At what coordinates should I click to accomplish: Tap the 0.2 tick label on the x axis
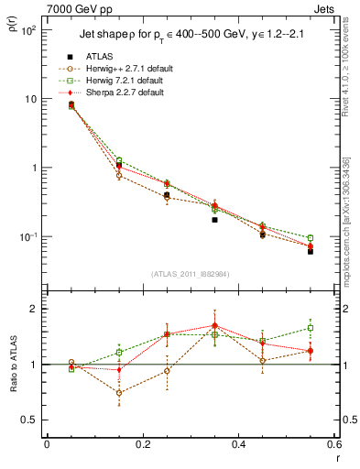coord(141,444)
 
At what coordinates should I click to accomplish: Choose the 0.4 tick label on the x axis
coord(237,444)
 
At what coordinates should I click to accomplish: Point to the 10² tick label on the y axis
coord(29,30)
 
